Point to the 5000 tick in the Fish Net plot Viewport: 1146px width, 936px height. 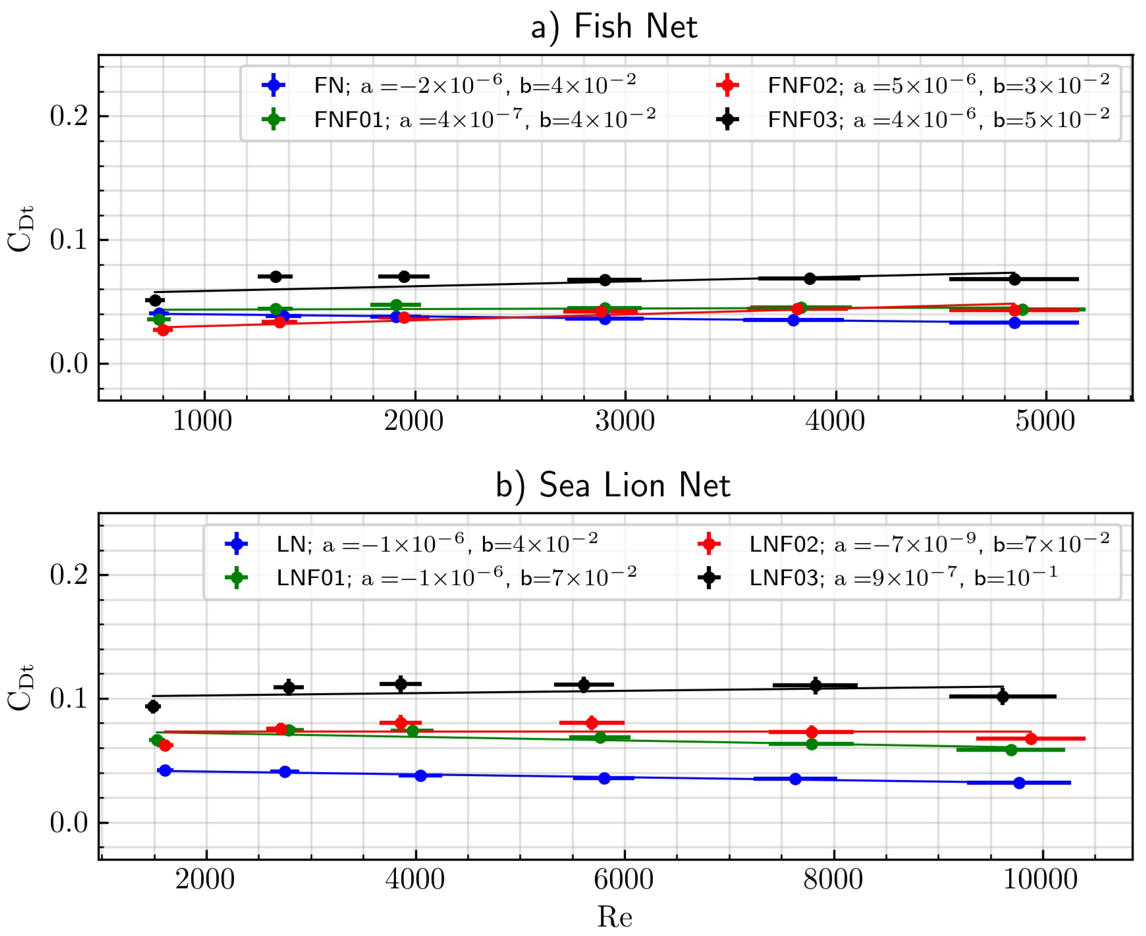pyautogui.click(x=1045, y=421)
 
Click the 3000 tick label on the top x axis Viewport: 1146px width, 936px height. pyautogui.click(x=625, y=421)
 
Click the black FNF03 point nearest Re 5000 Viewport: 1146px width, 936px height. pyautogui.click(x=1014, y=279)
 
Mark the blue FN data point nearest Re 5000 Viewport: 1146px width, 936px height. pyautogui.click(x=1014, y=323)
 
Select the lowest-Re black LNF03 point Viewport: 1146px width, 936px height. pyautogui.click(x=153, y=706)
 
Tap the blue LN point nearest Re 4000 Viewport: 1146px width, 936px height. pyautogui.click(x=421, y=776)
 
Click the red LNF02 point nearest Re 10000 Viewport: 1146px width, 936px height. pyautogui.click(x=1030, y=739)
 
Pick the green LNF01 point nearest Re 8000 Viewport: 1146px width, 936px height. pyautogui.click(x=811, y=744)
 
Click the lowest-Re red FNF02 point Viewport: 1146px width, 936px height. pyautogui.click(x=163, y=329)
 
